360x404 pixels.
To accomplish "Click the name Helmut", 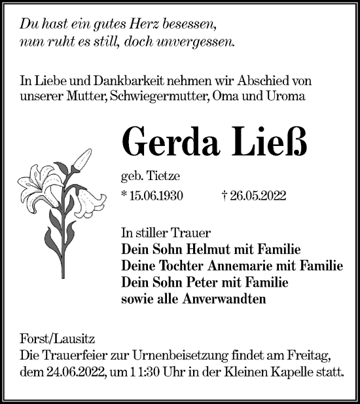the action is click(204, 250).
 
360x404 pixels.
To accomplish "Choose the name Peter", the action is click(198, 282).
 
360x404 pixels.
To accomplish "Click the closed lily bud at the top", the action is click(83, 158).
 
